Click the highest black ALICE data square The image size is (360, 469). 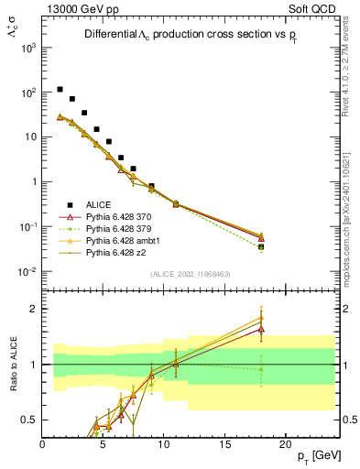[60, 90]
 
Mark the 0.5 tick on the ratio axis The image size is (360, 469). [28, 420]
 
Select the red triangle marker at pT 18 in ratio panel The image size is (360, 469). [261, 327]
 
